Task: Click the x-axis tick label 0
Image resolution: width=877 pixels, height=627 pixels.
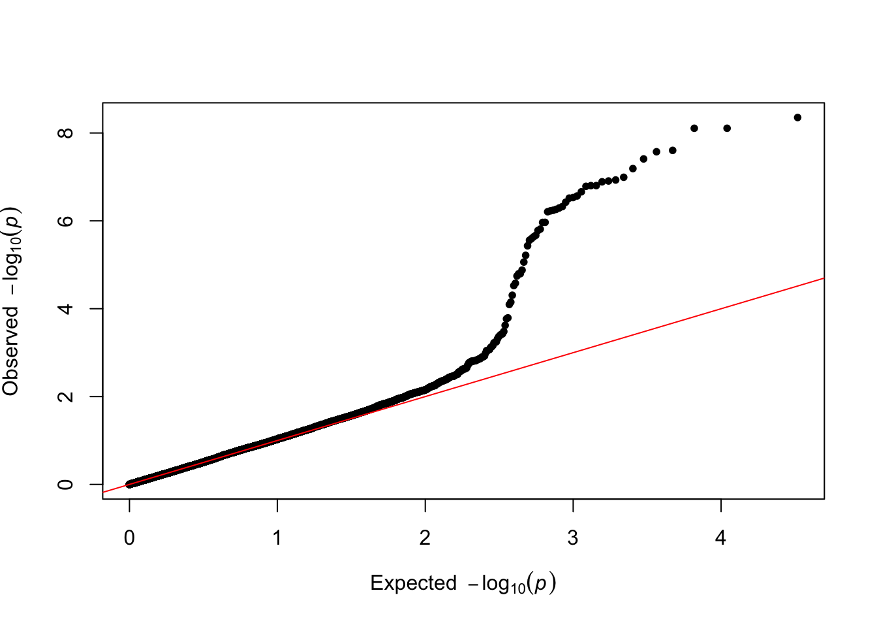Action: tap(129, 538)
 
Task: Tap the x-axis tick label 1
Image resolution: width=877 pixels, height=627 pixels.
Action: tap(277, 538)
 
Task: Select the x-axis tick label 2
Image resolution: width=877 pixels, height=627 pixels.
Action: tap(425, 538)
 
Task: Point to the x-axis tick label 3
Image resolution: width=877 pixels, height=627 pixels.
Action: tap(573, 538)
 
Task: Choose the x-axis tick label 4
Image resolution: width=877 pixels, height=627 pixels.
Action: tap(720, 538)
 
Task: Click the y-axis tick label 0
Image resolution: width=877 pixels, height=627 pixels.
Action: tap(66, 485)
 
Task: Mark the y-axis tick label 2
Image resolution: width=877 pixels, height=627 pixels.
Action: tap(66, 396)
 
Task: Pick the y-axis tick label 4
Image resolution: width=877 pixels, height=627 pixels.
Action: tap(66, 308)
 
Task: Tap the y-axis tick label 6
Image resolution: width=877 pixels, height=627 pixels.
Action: tap(66, 221)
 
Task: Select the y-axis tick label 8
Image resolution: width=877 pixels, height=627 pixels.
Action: tap(66, 133)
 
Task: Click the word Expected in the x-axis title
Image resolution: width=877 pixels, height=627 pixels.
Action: tap(413, 583)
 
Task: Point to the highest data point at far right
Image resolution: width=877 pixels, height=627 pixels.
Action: tap(797, 118)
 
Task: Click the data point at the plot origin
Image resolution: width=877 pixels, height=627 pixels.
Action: tap(130, 484)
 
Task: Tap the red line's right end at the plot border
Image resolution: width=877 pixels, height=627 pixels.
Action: tap(823, 278)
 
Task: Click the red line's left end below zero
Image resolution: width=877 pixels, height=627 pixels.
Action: tap(104, 492)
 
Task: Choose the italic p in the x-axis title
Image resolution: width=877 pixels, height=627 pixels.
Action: tap(541, 583)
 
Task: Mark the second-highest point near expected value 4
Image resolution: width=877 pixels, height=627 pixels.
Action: tap(727, 128)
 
